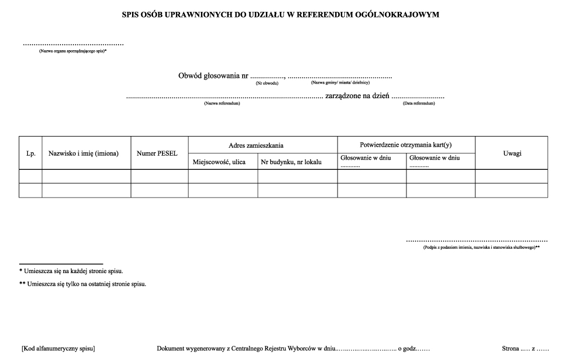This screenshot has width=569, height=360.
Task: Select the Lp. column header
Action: click(x=30, y=153)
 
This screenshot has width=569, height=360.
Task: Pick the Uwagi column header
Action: click(x=511, y=153)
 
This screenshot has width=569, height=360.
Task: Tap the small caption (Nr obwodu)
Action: click(x=267, y=84)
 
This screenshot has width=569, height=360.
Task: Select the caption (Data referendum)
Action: click(x=419, y=103)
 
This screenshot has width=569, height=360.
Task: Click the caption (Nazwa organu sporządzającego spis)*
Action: click(x=73, y=51)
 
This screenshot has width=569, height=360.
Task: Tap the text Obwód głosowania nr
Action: click(x=213, y=76)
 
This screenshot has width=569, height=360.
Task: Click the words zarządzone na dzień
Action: click(x=358, y=96)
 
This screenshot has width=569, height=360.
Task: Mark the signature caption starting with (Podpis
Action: click(x=482, y=247)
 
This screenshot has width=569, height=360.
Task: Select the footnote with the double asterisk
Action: click(x=83, y=284)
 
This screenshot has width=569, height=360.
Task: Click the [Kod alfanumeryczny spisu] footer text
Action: click(x=58, y=348)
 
